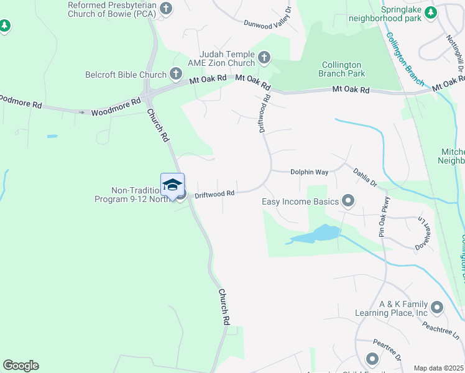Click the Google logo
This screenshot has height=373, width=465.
click(21, 366)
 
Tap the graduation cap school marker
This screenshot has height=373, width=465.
click(172, 185)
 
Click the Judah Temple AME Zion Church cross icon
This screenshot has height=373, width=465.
click(264, 58)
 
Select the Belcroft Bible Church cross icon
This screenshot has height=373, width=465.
click(176, 75)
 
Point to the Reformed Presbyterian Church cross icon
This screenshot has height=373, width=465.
click(165, 8)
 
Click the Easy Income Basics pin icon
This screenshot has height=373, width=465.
click(348, 201)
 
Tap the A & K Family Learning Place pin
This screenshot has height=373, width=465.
click(437, 306)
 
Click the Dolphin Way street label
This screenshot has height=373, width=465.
click(310, 172)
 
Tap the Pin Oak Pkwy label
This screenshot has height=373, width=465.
click(383, 216)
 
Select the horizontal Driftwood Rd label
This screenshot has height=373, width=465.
click(214, 194)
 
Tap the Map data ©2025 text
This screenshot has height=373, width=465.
click(439, 368)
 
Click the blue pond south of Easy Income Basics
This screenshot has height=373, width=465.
click(318, 234)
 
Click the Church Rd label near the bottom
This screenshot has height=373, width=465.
click(224, 306)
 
